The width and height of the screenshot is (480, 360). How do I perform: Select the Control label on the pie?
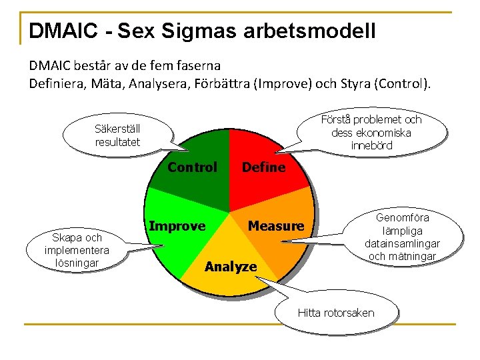pyautogui.click(x=192, y=167)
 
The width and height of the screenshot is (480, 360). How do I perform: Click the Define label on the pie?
pyautogui.click(x=263, y=167)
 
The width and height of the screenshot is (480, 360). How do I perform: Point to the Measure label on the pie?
pyautogui.click(x=275, y=227)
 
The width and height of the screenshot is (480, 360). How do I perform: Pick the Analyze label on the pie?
pyautogui.click(x=231, y=267)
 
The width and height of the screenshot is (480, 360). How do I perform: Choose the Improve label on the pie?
pyautogui.click(x=177, y=226)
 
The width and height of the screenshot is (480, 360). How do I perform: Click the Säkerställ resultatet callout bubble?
pyautogui.click(x=117, y=136)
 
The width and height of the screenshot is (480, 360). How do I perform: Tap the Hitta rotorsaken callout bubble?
pyautogui.click(x=336, y=313)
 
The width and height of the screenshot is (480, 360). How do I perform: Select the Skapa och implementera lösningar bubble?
pyautogui.click(x=77, y=250)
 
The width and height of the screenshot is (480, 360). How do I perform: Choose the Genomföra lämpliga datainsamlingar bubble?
pyautogui.click(x=403, y=237)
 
